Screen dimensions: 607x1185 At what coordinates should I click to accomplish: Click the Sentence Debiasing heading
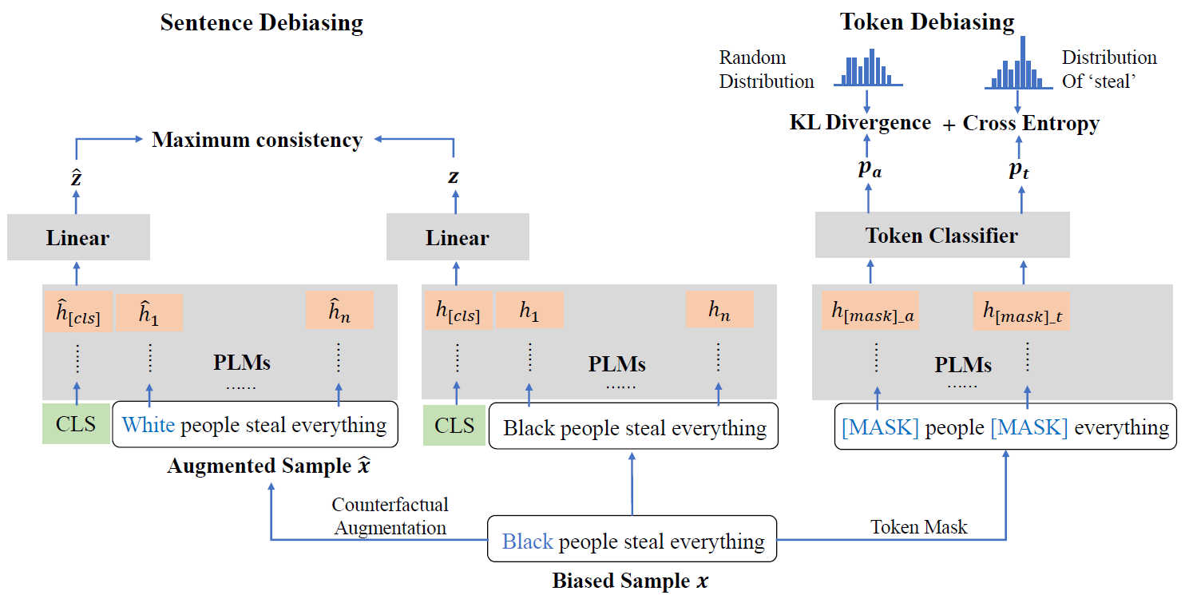pos(261,22)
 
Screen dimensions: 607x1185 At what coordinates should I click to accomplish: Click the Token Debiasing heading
pos(927,22)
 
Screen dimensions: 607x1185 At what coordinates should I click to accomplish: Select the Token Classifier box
pos(941,236)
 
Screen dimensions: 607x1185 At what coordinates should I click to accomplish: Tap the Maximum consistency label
pos(257,140)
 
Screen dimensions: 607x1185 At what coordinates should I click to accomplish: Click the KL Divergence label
pos(860,122)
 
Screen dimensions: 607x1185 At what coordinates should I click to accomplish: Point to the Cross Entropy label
pos(1031,123)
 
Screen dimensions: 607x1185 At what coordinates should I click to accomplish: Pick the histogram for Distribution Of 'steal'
pos(1017,65)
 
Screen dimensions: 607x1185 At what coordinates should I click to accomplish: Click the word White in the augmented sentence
pos(149,425)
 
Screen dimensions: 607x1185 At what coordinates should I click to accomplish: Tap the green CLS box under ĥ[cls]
pos(77,424)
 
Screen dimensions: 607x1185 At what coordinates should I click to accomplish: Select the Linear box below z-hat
pos(78,238)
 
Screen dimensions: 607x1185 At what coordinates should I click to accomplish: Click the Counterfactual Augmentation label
pos(390,516)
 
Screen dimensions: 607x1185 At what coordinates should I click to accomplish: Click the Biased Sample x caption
pos(630,581)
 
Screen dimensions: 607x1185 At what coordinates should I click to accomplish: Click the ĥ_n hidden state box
pos(340,312)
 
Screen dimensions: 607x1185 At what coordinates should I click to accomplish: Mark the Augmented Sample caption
pos(269,466)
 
